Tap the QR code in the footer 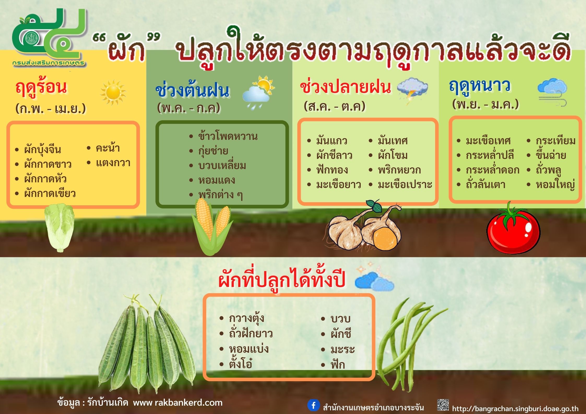coord(443,405)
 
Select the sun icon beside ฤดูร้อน coord(113,92)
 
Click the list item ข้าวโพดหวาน coord(228,136)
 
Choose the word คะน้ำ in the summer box coord(108,148)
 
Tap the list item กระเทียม coord(555,141)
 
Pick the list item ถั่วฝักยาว coord(251,333)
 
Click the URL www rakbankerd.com coord(178,403)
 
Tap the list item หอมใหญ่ coord(555,185)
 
